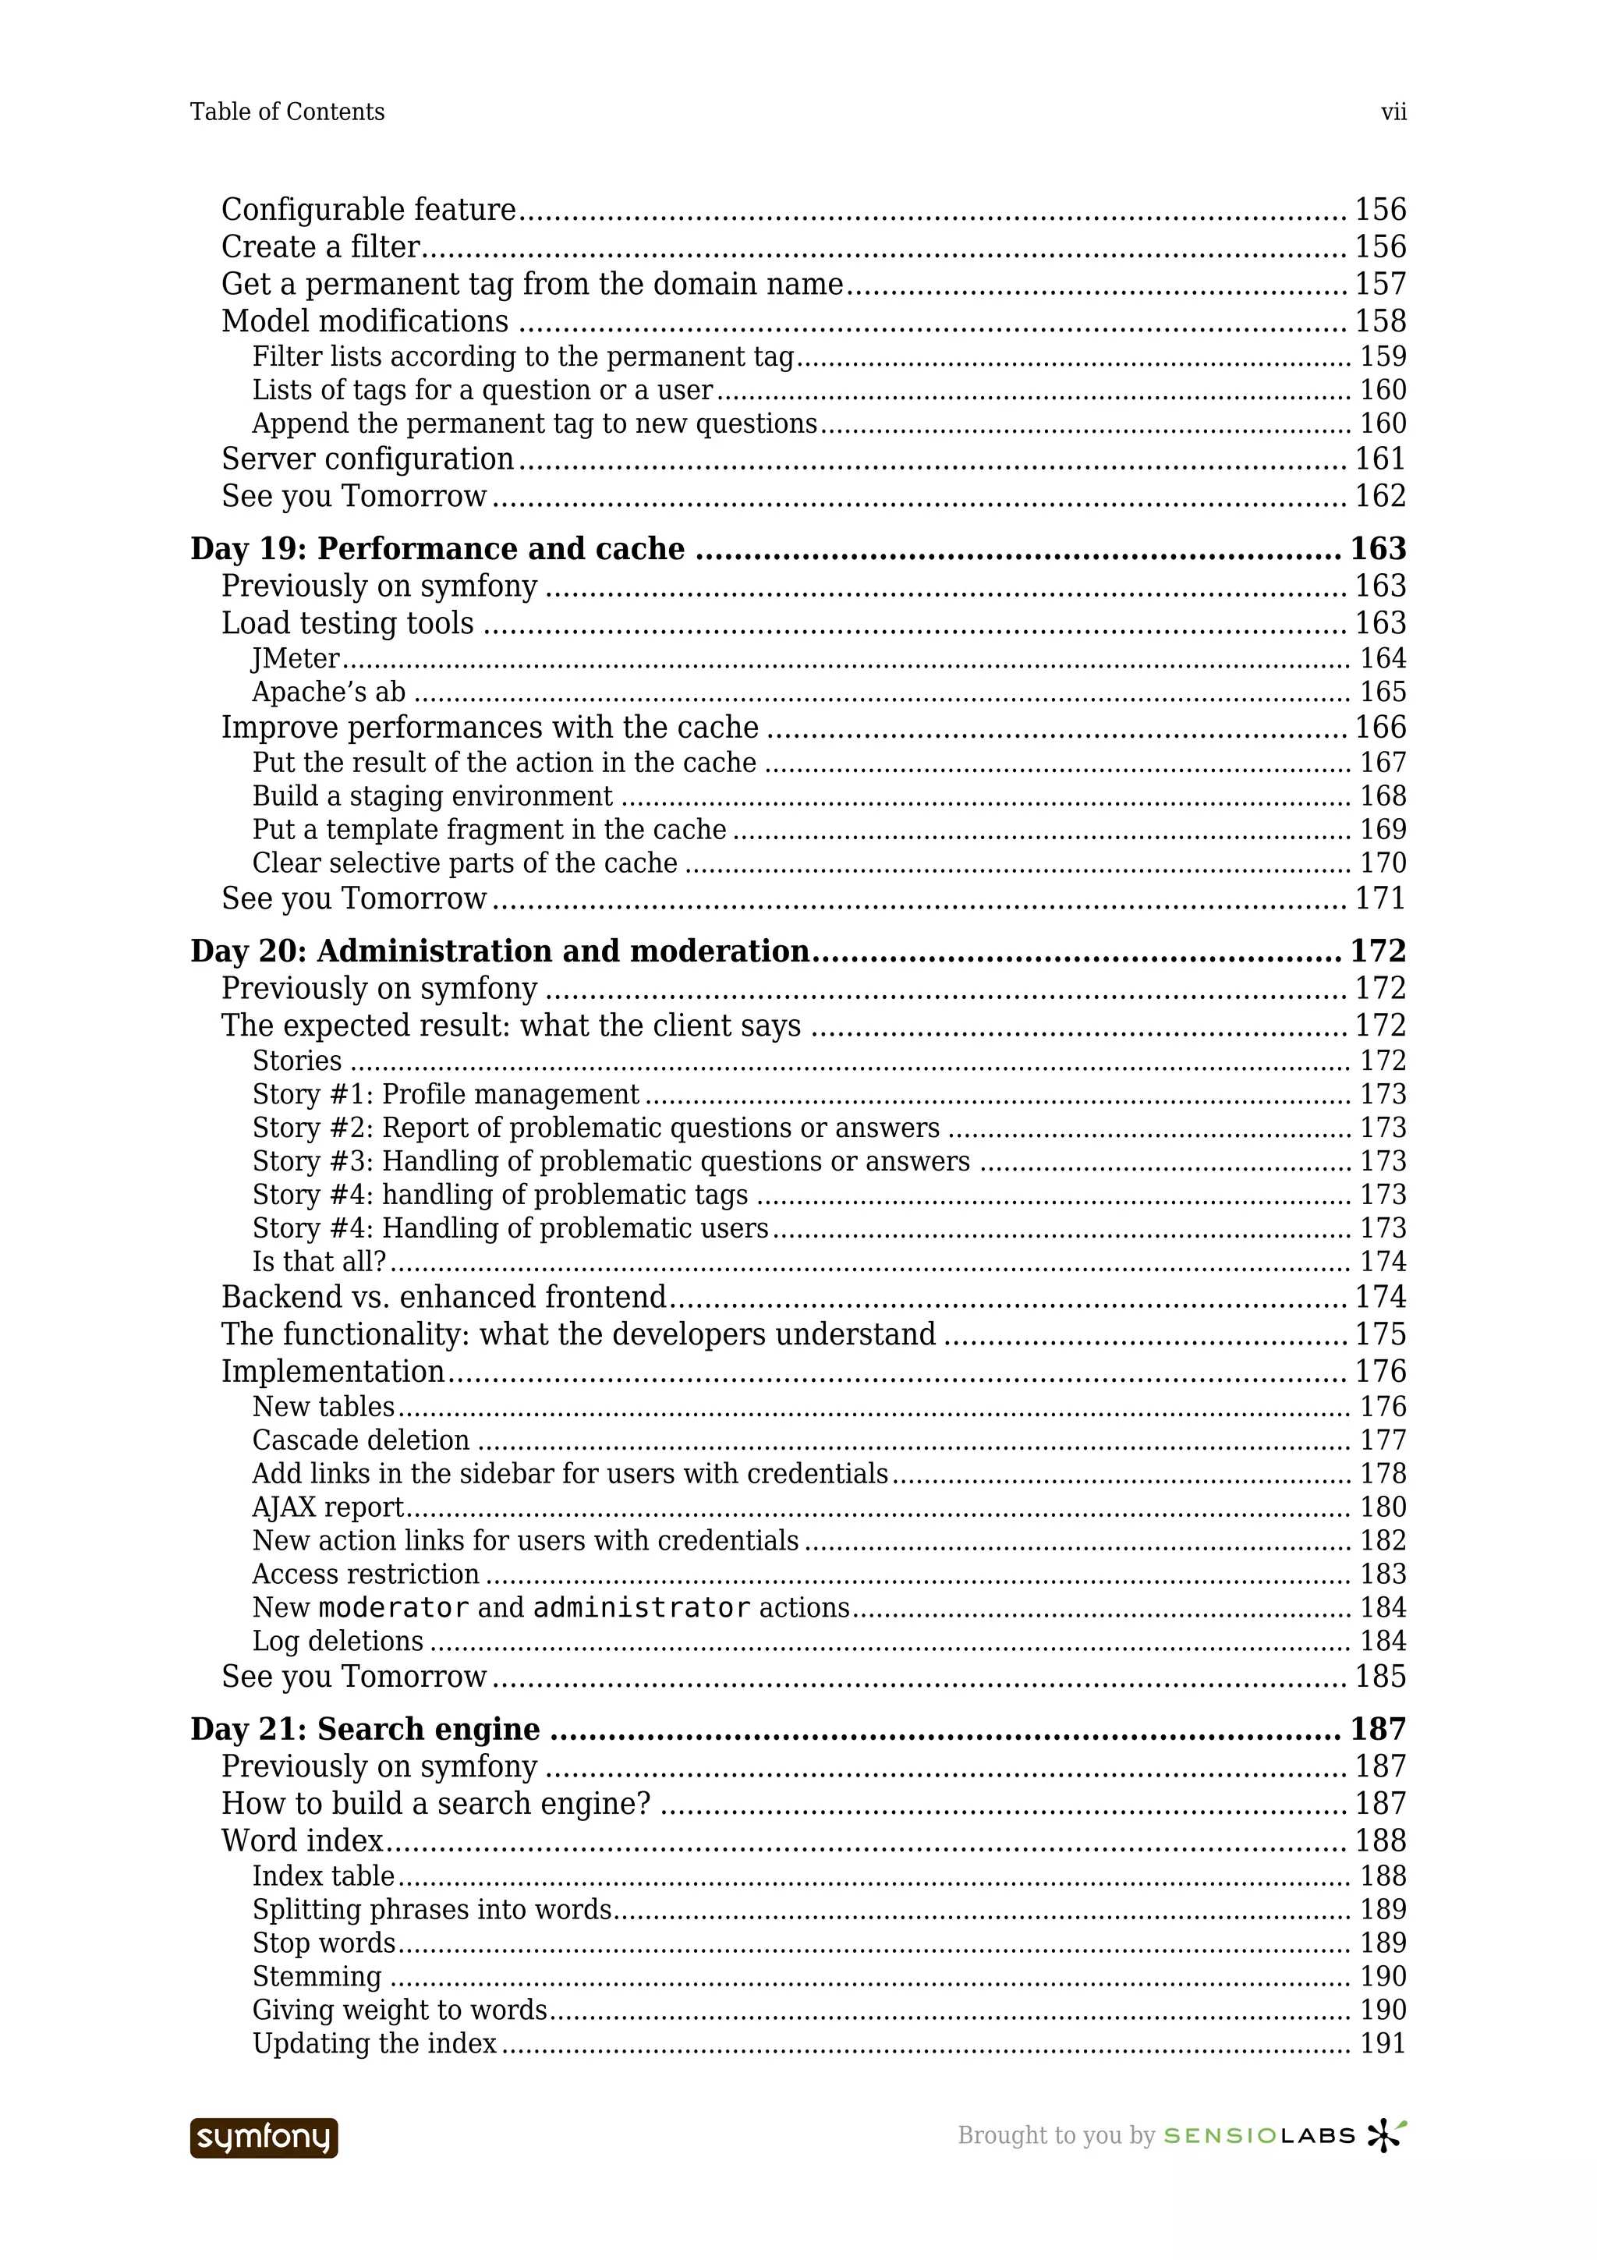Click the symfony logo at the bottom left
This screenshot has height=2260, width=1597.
coord(264,2137)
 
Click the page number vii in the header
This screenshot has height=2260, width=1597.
coord(1393,112)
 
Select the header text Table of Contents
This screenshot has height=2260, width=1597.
coord(287,112)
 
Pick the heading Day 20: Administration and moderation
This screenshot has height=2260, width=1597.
coord(500,951)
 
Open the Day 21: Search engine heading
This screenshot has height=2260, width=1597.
coord(365,1730)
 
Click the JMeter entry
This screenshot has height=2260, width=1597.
coord(296,658)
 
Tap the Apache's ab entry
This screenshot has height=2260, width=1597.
coord(328,692)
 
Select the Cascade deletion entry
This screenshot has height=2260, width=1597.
coord(360,1440)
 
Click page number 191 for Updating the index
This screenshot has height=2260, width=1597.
coord(1382,2045)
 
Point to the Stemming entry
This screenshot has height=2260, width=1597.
coord(317,1978)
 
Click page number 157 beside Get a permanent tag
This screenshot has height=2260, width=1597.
coord(1379,285)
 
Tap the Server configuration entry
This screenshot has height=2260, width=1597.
coord(367,459)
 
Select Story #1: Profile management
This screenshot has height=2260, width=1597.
coord(446,1095)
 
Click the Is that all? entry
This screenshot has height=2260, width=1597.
coord(319,1262)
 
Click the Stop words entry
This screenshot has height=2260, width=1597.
coord(324,1944)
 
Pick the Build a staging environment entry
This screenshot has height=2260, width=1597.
coord(432,796)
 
